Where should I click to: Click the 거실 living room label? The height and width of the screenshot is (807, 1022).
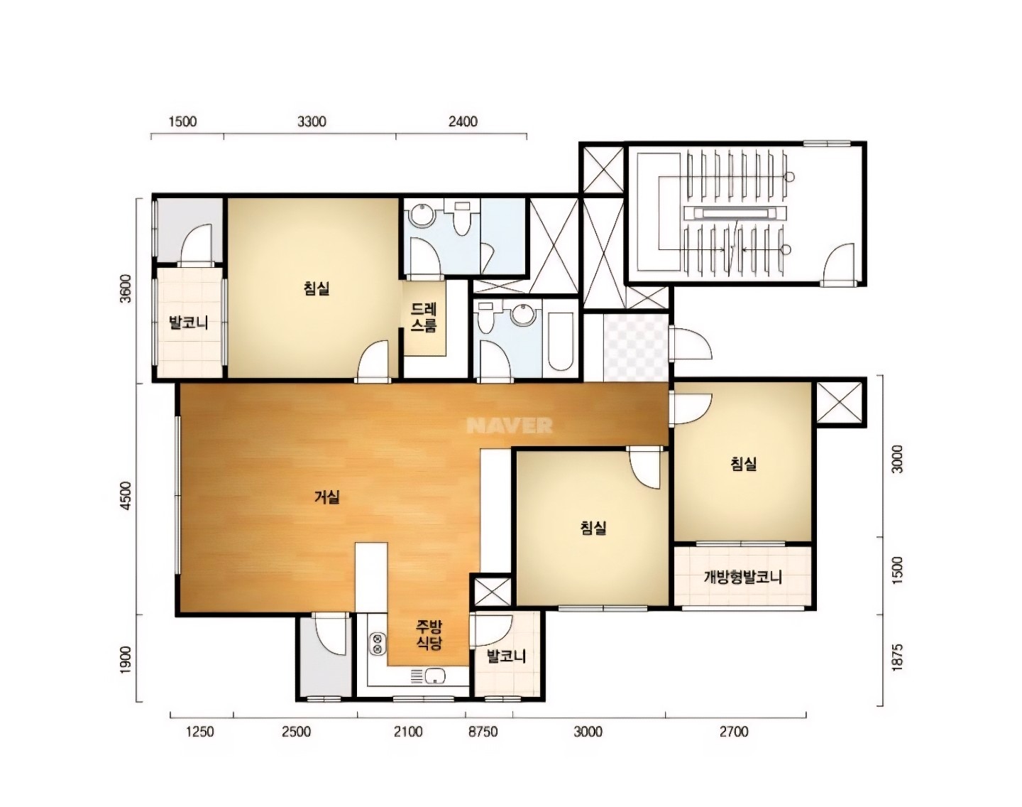[326, 497]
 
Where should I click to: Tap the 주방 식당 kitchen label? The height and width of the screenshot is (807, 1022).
[429, 634]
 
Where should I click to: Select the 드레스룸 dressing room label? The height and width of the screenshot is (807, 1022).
[424, 318]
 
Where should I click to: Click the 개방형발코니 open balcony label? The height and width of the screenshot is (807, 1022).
[743, 578]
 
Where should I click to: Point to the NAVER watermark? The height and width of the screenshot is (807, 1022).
[510, 426]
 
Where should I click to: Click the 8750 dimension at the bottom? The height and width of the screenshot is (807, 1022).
[483, 732]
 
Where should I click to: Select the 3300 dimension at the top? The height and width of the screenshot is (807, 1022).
[312, 121]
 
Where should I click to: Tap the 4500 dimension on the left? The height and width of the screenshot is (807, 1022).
[126, 496]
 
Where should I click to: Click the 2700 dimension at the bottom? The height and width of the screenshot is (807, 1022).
[734, 732]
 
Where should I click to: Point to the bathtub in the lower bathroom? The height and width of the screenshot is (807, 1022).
[561, 341]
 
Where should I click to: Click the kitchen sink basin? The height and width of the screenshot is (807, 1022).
[435, 676]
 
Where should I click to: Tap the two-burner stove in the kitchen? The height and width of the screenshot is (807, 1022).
[378, 644]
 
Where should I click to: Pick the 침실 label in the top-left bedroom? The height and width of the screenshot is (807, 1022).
[317, 288]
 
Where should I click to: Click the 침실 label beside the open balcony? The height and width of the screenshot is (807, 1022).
[744, 464]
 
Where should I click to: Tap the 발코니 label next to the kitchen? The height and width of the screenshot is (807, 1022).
[506, 656]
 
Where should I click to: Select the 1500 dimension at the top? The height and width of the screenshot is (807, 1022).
[182, 121]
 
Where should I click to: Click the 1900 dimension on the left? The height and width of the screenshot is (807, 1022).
[126, 659]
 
